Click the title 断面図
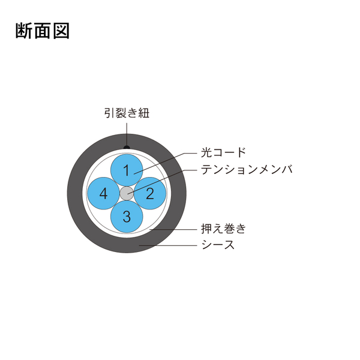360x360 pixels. coord(43,31)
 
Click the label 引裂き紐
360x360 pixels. coord(127,113)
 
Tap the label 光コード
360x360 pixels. coord(223,152)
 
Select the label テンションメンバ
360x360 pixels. coord(247,170)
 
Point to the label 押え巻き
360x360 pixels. coord(223,229)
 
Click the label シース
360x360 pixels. coord(218,245)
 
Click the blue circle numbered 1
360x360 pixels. coord(127,170)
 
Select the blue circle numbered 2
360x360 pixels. coord(149,193)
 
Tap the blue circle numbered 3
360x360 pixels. coord(127,217)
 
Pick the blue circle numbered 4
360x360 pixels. coord(104,193)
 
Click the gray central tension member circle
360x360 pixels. coord(127,193)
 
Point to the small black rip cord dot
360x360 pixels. coord(127,147)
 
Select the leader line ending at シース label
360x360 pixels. coord(168,245)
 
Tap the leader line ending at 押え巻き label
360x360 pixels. coord(173,229)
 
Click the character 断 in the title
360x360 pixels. coord(24,31)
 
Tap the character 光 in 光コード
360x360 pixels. coord(206,152)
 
